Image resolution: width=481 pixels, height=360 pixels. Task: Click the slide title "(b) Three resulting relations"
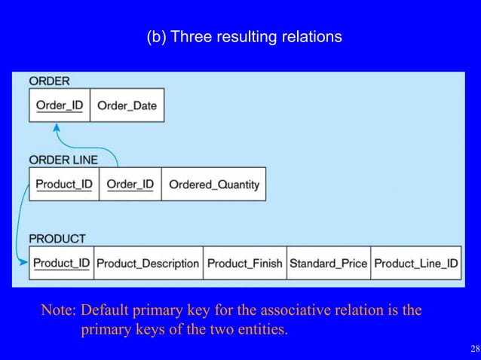pos(244,36)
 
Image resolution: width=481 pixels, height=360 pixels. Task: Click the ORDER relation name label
pos(49,81)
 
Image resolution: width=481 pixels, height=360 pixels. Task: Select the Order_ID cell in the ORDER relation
pos(59,105)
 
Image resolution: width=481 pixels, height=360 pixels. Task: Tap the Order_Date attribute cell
pos(127,105)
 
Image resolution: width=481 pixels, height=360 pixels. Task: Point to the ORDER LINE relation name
pos(63,160)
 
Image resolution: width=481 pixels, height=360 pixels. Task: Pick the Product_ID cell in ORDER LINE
pos(64,185)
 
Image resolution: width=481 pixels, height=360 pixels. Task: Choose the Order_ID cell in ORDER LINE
pos(130,185)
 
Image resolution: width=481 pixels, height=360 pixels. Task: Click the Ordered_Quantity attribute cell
pos(213,185)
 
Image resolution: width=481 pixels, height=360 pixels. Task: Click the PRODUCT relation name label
pos(57,239)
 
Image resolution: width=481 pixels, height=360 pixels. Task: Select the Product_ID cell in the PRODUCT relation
pos(61,264)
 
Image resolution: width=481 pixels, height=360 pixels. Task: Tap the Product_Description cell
pos(148,264)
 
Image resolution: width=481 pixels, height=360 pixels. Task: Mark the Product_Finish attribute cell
pos(245,264)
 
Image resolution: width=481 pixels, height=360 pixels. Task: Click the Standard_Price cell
pos(328,264)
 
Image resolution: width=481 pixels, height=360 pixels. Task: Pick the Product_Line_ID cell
pos(415,264)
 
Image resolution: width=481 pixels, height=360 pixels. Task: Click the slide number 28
pos(473,349)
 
